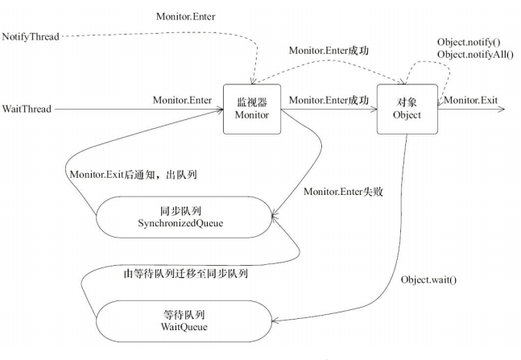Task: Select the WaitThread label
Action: (27, 108)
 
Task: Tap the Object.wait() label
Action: (428, 279)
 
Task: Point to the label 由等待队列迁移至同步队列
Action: (186, 273)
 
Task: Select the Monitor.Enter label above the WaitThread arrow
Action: (182, 99)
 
